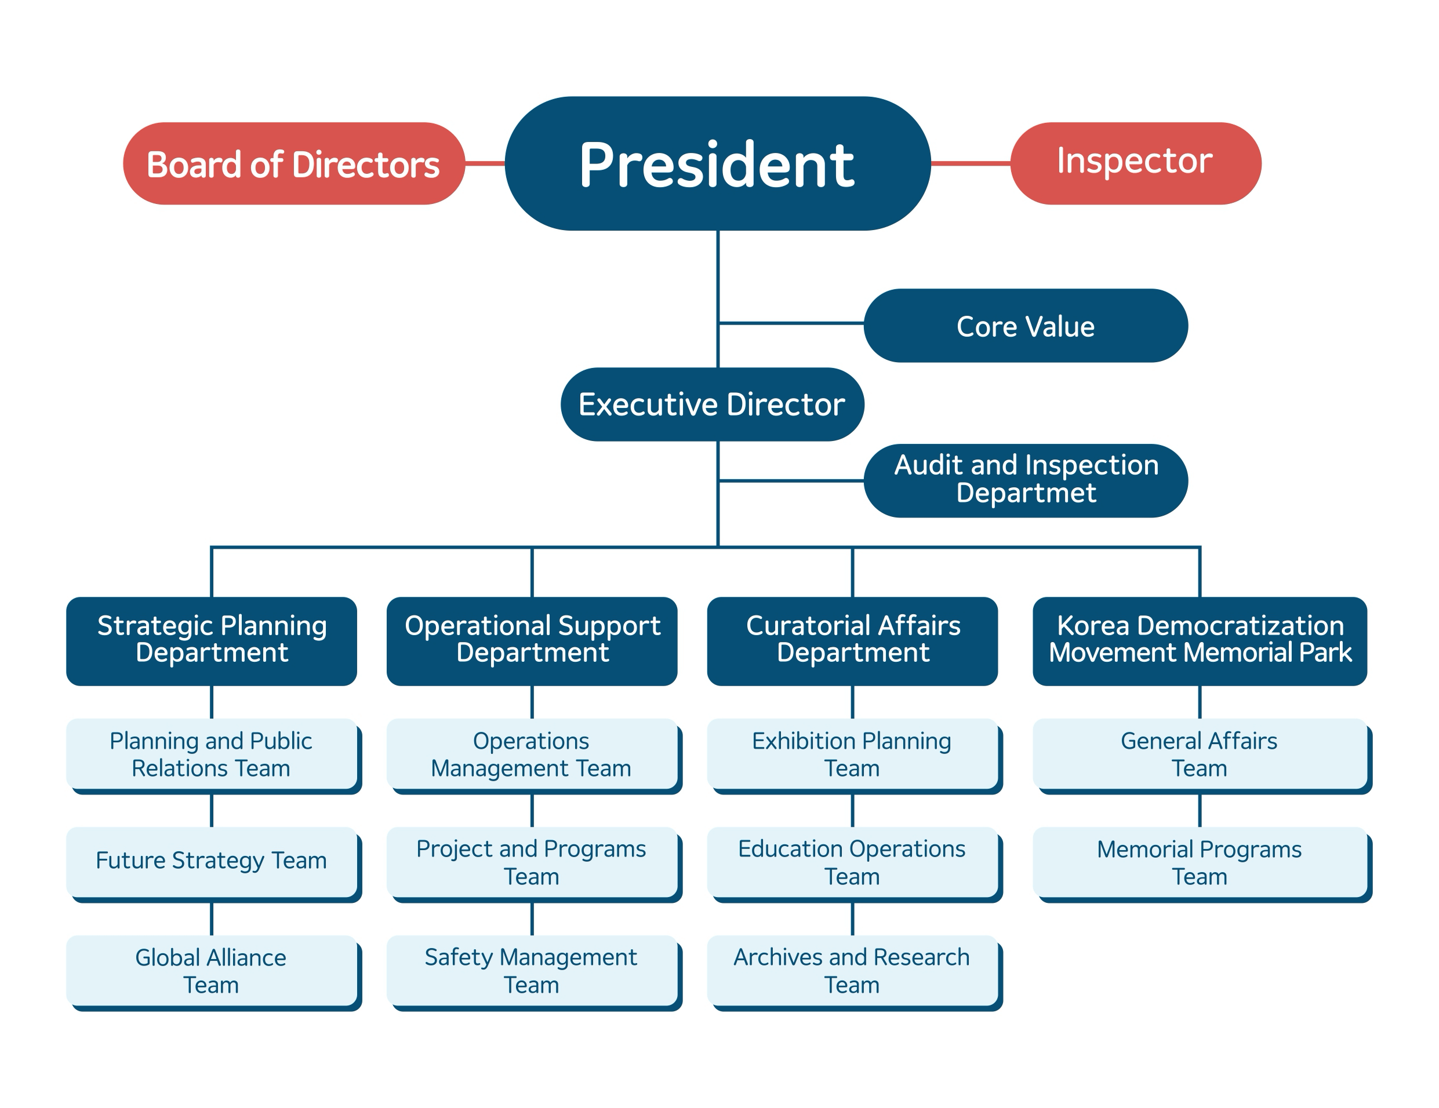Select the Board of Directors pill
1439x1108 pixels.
(293, 163)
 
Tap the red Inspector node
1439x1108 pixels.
(1135, 163)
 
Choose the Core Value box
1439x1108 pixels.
(1025, 326)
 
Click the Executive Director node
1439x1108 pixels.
(711, 404)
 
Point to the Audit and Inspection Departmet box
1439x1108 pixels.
(1025, 480)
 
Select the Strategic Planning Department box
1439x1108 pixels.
(212, 640)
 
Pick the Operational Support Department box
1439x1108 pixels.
(532, 640)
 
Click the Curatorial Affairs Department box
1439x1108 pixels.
(852, 640)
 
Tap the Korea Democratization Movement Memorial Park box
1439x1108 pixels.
(1199, 640)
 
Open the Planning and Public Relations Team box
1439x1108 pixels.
(211, 755)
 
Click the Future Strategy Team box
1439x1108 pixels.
(211, 862)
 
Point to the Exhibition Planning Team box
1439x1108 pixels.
(852, 755)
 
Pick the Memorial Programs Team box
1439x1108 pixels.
(1199, 862)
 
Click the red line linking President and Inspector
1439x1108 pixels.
(970, 163)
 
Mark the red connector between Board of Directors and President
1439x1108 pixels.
(485, 163)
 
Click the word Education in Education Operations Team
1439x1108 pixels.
(776, 849)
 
